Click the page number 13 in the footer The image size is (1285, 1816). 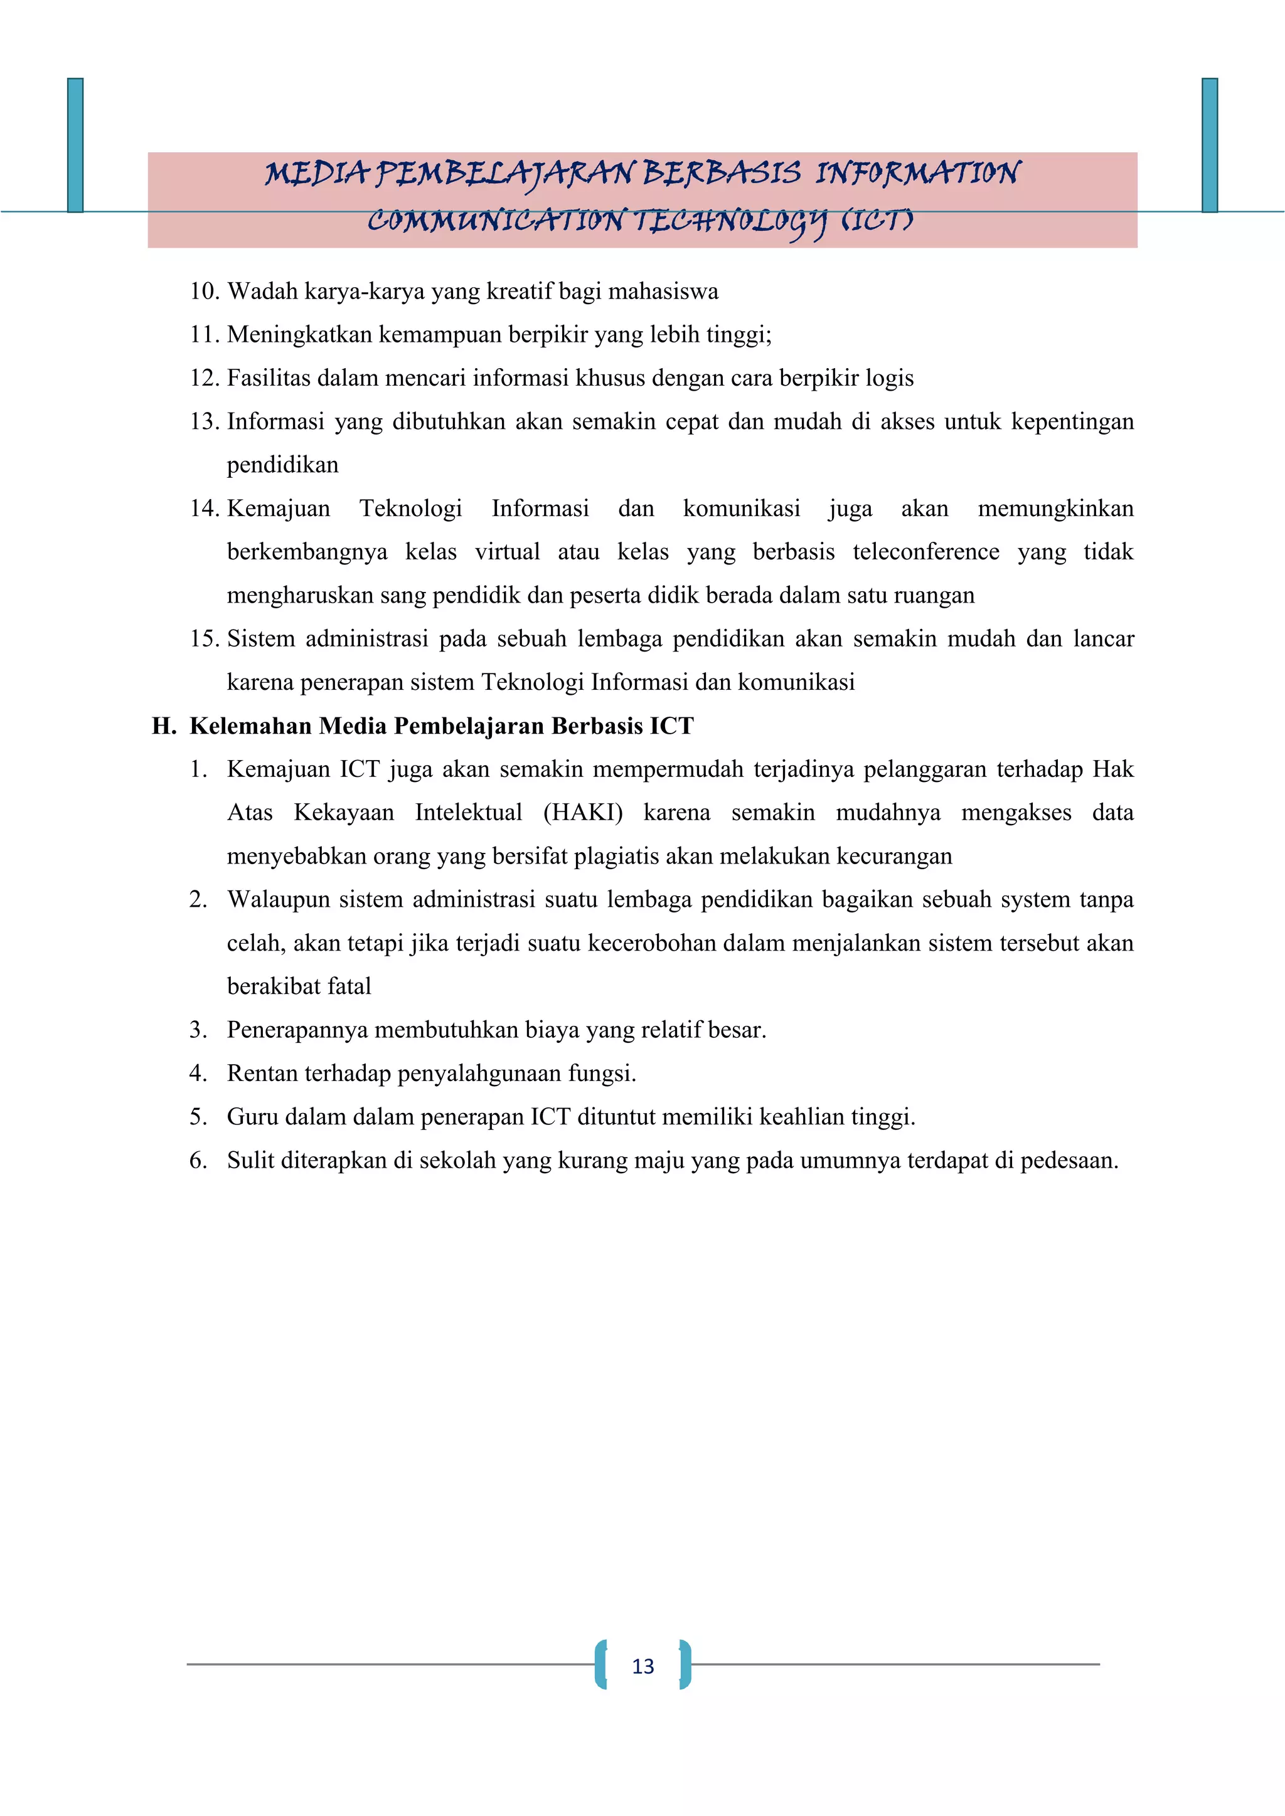[x=642, y=1667]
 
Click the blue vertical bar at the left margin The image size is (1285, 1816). [x=75, y=145]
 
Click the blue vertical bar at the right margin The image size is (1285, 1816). [x=1209, y=145]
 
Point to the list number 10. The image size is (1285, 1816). [x=203, y=292]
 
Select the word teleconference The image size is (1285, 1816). [x=925, y=552]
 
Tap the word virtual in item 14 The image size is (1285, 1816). [x=507, y=552]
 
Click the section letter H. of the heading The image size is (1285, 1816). [x=164, y=726]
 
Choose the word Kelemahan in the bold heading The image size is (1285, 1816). [x=251, y=726]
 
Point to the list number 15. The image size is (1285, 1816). [x=203, y=639]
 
